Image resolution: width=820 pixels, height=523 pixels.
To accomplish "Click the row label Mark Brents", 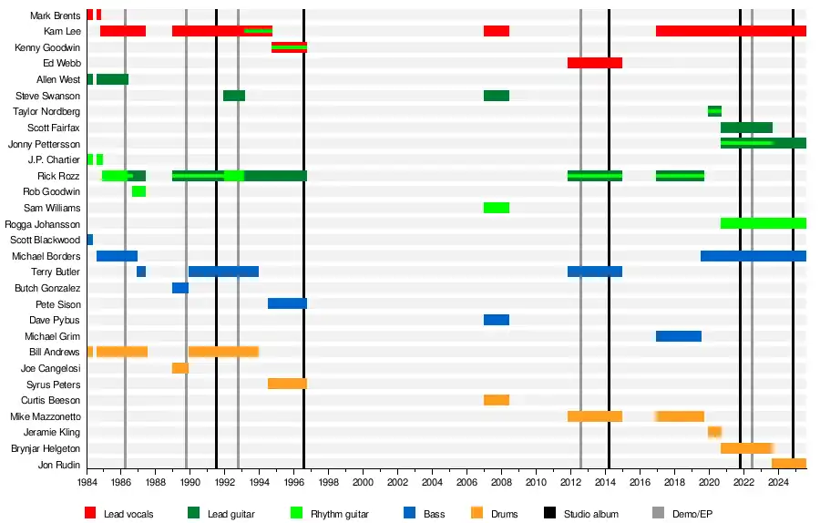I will click(55, 15).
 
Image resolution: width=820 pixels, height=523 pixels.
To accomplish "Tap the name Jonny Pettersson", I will click(44, 144).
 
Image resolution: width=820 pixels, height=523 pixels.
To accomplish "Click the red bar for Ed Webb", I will click(594, 63).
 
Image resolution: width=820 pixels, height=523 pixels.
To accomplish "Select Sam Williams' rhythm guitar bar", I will click(497, 208).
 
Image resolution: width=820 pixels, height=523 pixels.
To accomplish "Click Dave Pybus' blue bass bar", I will click(497, 320).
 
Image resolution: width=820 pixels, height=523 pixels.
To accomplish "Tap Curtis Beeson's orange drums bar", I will click(497, 400).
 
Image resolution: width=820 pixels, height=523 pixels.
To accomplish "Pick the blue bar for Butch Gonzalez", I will click(180, 288).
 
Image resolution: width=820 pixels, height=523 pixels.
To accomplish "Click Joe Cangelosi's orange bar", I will click(180, 368).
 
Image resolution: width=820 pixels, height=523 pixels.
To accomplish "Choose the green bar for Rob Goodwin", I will click(138, 191).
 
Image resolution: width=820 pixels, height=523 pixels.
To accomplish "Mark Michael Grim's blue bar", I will click(679, 336).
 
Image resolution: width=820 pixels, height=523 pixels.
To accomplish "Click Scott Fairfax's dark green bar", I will click(746, 128).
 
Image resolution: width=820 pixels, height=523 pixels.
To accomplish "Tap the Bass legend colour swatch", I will click(409, 514).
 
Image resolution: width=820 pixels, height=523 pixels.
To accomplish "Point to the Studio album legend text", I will click(591, 514).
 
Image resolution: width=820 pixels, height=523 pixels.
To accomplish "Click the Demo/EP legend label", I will click(693, 514).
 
